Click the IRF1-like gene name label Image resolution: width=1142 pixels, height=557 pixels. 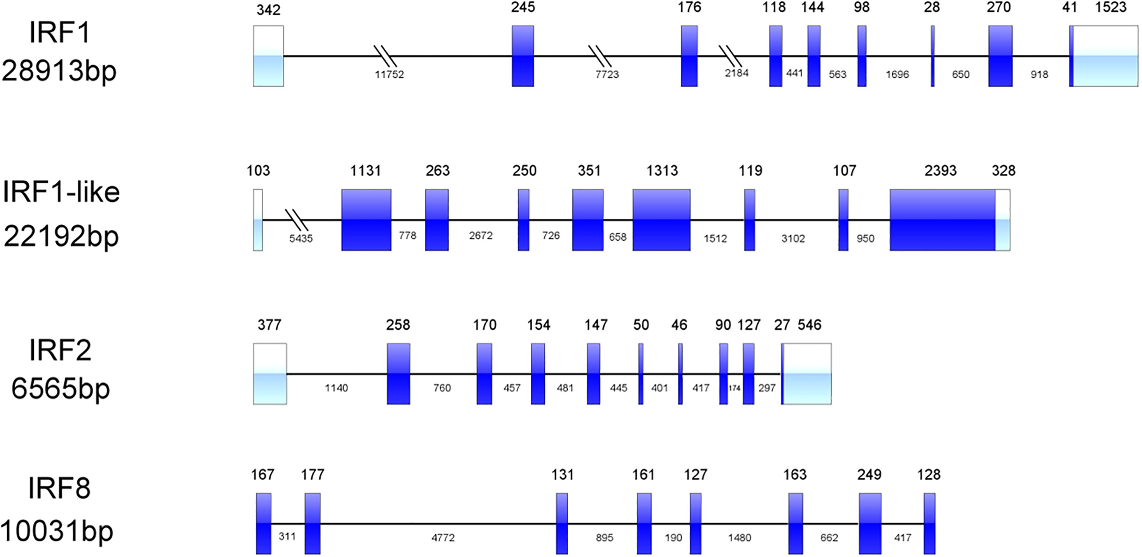61,192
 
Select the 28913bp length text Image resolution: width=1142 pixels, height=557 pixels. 59,72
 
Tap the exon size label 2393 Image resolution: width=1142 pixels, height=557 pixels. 940,171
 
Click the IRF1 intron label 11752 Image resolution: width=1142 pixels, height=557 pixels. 389,74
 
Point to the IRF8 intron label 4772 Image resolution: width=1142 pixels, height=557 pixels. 443,538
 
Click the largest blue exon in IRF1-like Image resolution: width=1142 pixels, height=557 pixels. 942,220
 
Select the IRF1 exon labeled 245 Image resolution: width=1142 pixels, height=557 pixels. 523,56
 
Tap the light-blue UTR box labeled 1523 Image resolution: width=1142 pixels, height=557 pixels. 1105,56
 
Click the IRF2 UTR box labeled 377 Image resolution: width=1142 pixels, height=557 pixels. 270,373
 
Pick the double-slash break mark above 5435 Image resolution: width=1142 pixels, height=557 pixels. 297,220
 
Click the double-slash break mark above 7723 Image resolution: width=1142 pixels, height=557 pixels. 599,56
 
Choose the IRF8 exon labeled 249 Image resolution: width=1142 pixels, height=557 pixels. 869,523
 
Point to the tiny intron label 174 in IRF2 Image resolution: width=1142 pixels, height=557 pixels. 735,388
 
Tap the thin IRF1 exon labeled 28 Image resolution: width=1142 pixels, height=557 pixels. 932,56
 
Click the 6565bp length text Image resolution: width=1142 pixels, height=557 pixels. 60,389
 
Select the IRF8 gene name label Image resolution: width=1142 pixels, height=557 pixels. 59,489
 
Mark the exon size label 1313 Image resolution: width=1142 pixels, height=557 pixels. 662,171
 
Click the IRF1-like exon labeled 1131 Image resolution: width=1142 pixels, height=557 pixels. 366,220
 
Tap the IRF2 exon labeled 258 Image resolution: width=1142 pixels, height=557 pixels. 398,373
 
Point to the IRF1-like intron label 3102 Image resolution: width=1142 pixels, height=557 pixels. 793,239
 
